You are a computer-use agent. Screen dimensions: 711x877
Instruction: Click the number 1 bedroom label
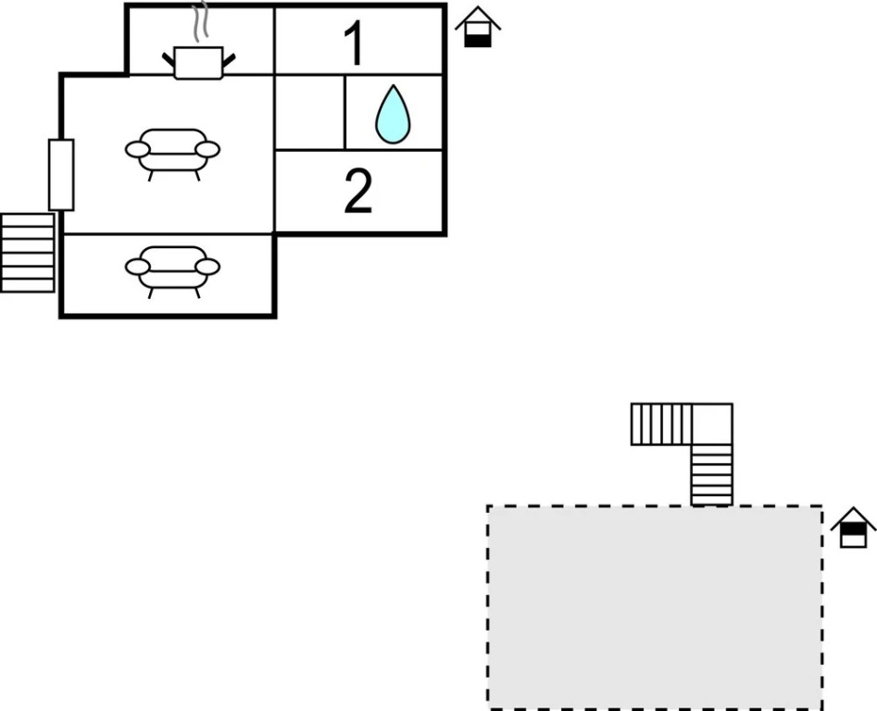pyautogui.click(x=355, y=43)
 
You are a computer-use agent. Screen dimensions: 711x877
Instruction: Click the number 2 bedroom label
pyautogui.click(x=358, y=192)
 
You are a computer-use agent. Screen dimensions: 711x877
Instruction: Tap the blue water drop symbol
pyautogui.click(x=393, y=115)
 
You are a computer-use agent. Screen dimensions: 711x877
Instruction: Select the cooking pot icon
pyautogui.click(x=198, y=62)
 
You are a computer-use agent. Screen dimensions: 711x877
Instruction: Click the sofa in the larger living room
pyautogui.click(x=172, y=152)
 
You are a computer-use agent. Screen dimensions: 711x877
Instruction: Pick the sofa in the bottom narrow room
pyautogui.click(x=172, y=269)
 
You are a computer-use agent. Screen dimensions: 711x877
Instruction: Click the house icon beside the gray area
pyautogui.click(x=853, y=528)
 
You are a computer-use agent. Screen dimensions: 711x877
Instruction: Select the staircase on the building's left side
pyautogui.click(x=27, y=252)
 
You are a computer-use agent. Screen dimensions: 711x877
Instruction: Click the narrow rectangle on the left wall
pyautogui.click(x=61, y=175)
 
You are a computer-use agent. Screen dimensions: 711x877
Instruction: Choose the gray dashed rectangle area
pyautogui.click(x=654, y=607)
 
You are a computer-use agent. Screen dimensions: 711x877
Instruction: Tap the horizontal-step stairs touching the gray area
pyautogui.click(x=711, y=475)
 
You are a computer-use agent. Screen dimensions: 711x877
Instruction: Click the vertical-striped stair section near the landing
pyautogui.click(x=661, y=424)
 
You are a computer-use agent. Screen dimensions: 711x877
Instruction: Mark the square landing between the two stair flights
pyautogui.click(x=712, y=424)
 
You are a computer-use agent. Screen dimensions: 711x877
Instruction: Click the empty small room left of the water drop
pyautogui.click(x=310, y=112)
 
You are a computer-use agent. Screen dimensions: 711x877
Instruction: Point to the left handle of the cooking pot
pyautogui.click(x=169, y=61)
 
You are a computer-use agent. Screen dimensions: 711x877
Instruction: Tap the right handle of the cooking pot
pyautogui.click(x=228, y=61)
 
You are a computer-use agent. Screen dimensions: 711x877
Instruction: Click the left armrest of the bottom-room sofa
pyautogui.click(x=137, y=267)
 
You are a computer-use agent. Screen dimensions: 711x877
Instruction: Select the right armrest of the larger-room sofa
pyautogui.click(x=207, y=149)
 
